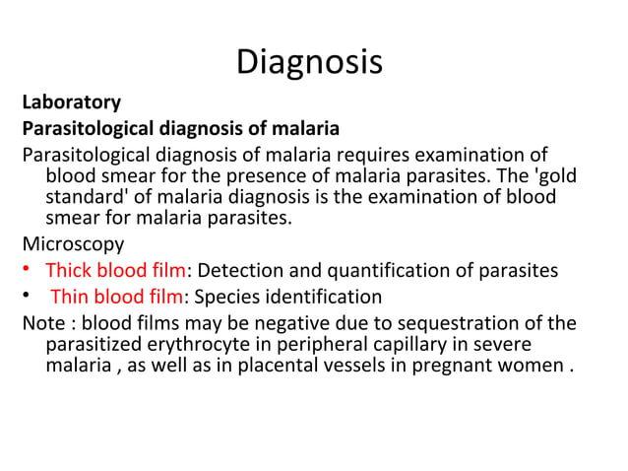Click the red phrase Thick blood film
pyautogui.click(x=115, y=271)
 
